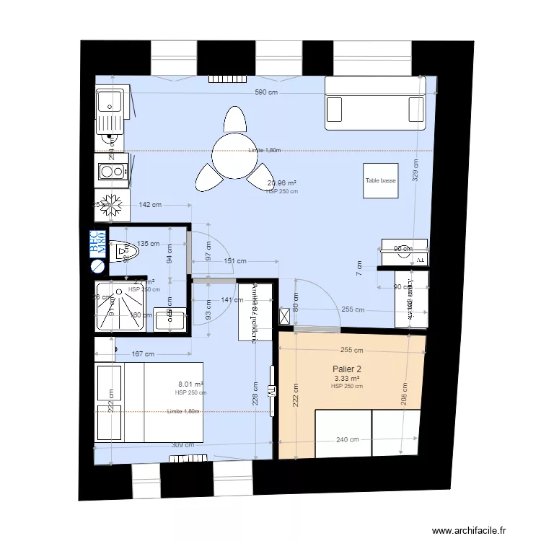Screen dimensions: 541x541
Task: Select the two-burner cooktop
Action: pyautogui.click(x=111, y=172)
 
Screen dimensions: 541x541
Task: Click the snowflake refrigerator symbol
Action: pyautogui.click(x=112, y=204)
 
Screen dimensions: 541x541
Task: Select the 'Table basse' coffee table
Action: pyautogui.click(x=380, y=181)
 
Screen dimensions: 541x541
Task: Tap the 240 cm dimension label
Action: pyautogui.click(x=347, y=439)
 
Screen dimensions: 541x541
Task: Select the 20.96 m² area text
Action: pyautogui.click(x=281, y=183)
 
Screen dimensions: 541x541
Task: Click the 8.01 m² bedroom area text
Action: pyautogui.click(x=190, y=384)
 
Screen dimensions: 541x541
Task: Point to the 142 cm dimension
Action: pyautogui.click(x=149, y=205)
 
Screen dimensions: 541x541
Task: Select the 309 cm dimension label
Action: pyautogui.click(x=182, y=445)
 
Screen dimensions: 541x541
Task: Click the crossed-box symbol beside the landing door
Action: pyautogui.click(x=284, y=315)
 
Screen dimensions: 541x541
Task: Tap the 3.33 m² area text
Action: pyautogui.click(x=346, y=378)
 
